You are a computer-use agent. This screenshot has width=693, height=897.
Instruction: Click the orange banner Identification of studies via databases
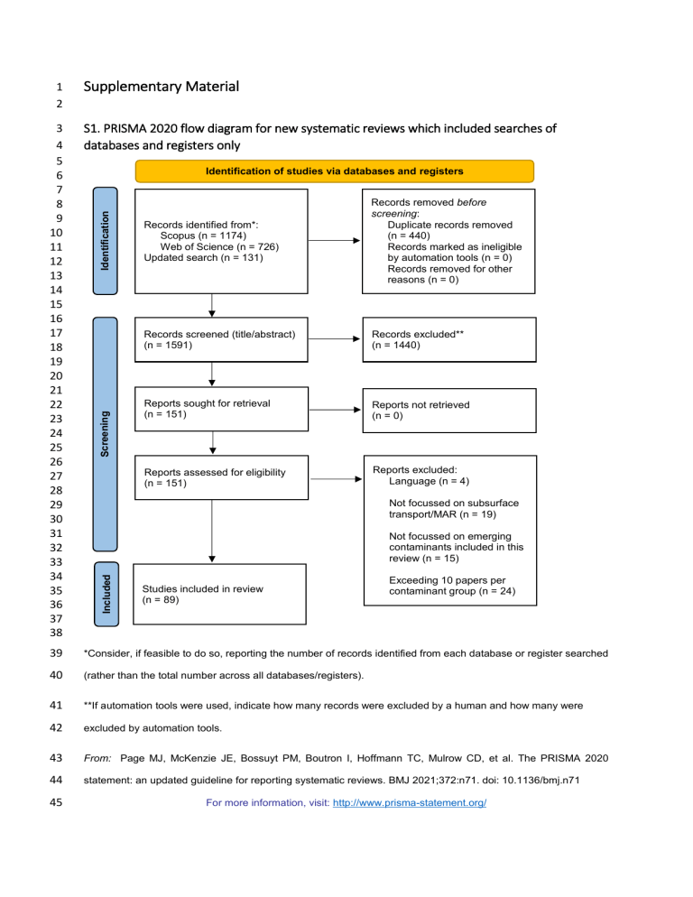(334, 170)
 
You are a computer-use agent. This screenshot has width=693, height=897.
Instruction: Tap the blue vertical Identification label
(106, 242)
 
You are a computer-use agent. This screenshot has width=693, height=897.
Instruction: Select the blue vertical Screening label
(106, 432)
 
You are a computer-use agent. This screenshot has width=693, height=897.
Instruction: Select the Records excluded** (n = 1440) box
(448, 339)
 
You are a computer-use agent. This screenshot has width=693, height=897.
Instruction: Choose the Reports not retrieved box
(448, 411)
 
